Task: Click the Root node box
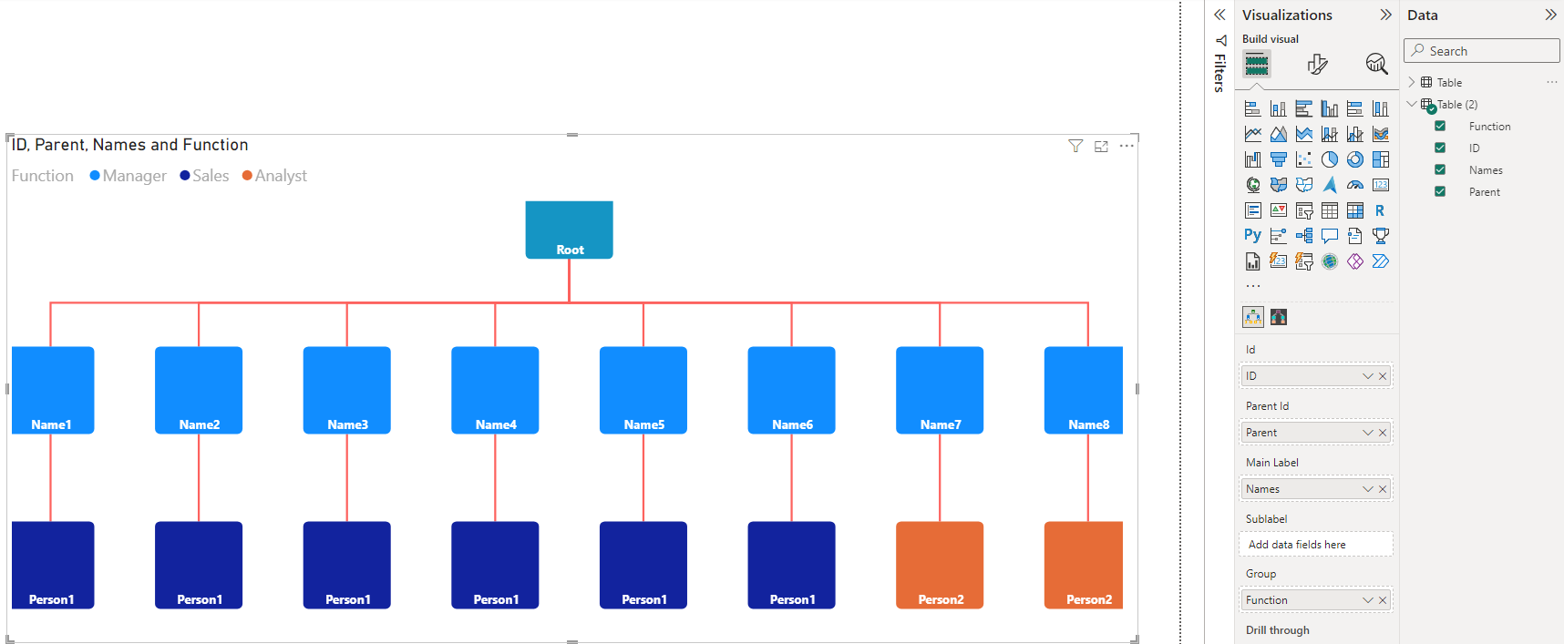(569, 230)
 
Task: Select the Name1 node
(53, 390)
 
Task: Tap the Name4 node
(495, 390)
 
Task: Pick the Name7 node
(940, 390)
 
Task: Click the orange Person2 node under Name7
(940, 565)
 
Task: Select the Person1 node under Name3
(346, 565)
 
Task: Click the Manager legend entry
(128, 176)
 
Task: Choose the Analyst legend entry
(274, 176)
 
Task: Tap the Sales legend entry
(204, 176)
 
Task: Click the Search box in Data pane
(1482, 51)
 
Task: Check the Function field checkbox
(1440, 126)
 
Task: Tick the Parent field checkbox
(1440, 191)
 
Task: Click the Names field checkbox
(1440, 169)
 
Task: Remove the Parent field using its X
(1383, 433)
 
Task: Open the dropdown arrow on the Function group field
(1368, 600)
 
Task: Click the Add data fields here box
(1315, 545)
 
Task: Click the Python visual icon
(1253, 236)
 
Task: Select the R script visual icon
(1381, 210)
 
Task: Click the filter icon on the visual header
(1075, 146)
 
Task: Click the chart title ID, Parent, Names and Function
(130, 145)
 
